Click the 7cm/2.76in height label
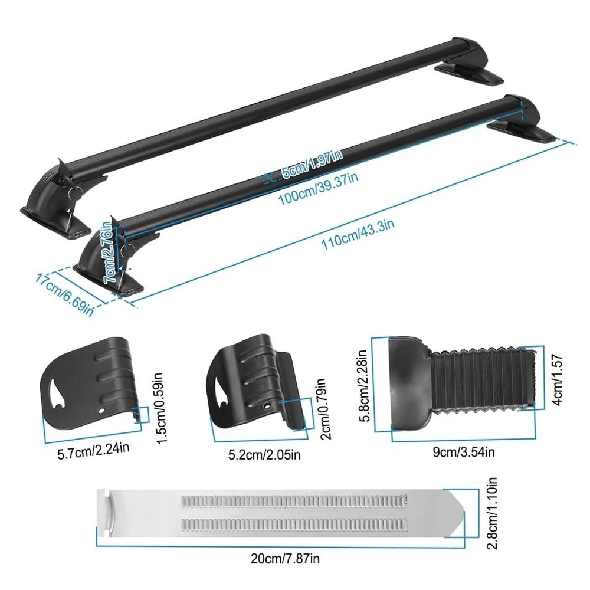click(x=109, y=250)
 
